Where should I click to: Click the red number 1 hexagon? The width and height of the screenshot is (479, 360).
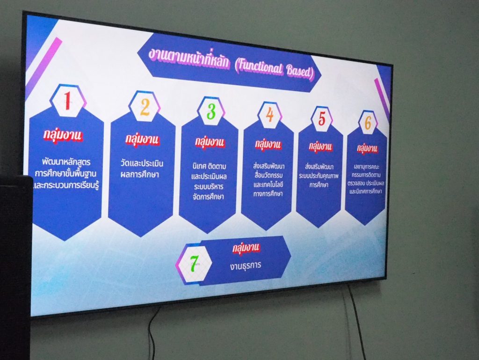(67, 101)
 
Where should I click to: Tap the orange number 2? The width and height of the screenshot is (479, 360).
(145, 107)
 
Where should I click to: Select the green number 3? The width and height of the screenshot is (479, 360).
(211, 111)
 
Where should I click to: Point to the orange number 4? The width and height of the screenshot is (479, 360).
(269, 115)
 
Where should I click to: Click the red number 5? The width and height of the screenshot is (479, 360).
(322, 118)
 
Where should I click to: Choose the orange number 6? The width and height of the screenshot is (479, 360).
(368, 122)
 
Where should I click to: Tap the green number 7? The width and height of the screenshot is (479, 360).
(194, 264)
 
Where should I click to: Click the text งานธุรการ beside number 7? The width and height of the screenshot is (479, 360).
(246, 266)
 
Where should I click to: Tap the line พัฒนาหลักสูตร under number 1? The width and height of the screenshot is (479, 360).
(66, 162)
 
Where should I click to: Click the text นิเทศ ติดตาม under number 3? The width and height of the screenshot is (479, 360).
(209, 167)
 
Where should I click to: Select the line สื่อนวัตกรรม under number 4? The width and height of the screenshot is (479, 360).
(269, 176)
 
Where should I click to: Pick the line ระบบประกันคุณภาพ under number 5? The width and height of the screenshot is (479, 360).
(319, 176)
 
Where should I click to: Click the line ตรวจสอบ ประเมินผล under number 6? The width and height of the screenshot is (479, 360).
(366, 184)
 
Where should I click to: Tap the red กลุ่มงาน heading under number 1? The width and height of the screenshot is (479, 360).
(63, 135)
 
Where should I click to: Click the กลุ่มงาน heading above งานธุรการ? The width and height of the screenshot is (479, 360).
(246, 248)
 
